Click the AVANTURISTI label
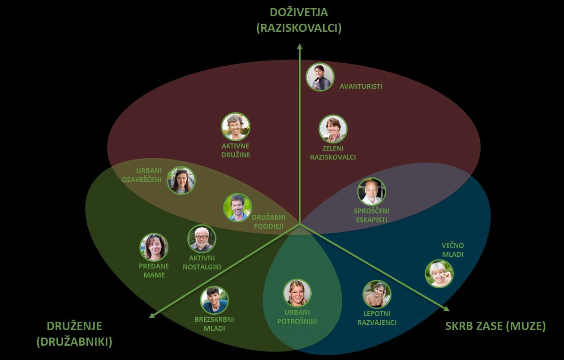[361, 87]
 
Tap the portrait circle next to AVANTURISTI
[320, 77]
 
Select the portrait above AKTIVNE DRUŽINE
[236, 126]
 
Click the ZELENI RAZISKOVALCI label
[333, 153]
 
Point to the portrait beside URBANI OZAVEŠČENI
[181, 180]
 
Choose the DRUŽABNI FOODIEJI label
[269, 221]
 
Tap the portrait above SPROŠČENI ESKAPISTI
[371, 191]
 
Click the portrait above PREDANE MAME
[154, 247]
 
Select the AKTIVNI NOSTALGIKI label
[202, 263]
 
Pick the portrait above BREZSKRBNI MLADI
[214, 300]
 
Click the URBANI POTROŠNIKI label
[297, 317]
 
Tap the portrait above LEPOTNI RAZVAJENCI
[377, 294]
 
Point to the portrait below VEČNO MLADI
[439, 273]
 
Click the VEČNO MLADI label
[453, 250]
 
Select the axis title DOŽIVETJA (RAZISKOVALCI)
[299, 20]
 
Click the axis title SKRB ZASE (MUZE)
[495, 326]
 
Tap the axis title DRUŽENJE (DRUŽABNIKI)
[74, 334]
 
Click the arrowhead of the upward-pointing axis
[300, 46]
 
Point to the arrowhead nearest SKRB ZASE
[447, 309]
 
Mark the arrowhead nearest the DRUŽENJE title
[152, 316]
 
